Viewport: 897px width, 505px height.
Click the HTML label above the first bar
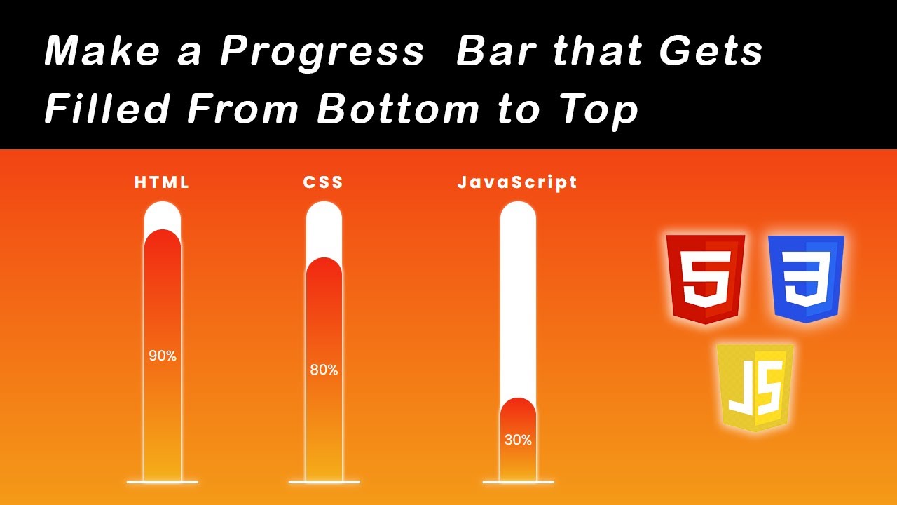(162, 182)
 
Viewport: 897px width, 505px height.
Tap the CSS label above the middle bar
(323, 182)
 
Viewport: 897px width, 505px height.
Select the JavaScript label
(517, 182)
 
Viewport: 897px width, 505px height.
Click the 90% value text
(163, 356)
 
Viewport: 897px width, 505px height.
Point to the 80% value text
(324, 370)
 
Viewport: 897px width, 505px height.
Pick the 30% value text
(518, 440)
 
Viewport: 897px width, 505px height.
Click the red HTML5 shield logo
(705, 278)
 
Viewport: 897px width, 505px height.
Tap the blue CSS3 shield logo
(806, 278)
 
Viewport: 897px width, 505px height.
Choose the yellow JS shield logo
(755, 386)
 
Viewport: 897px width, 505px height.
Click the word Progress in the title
(322, 52)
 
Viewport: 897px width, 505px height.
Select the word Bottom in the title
(398, 109)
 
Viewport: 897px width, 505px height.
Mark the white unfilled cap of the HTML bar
(163, 214)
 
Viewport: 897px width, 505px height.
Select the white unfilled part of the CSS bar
(324, 228)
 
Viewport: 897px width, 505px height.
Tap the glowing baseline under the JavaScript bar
(518, 483)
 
